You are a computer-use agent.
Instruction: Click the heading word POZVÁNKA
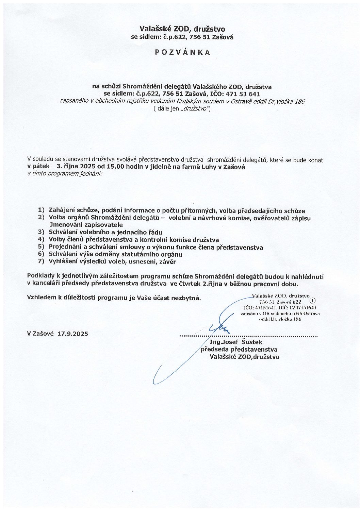pyautogui.click(x=182, y=52)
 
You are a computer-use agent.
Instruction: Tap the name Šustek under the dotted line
pyautogui.click(x=251, y=342)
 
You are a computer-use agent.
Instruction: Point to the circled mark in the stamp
pyautogui.click(x=313, y=301)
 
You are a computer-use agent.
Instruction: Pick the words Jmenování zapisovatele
pyautogui.click(x=86, y=225)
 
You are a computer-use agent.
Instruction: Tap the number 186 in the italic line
pyautogui.click(x=300, y=101)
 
